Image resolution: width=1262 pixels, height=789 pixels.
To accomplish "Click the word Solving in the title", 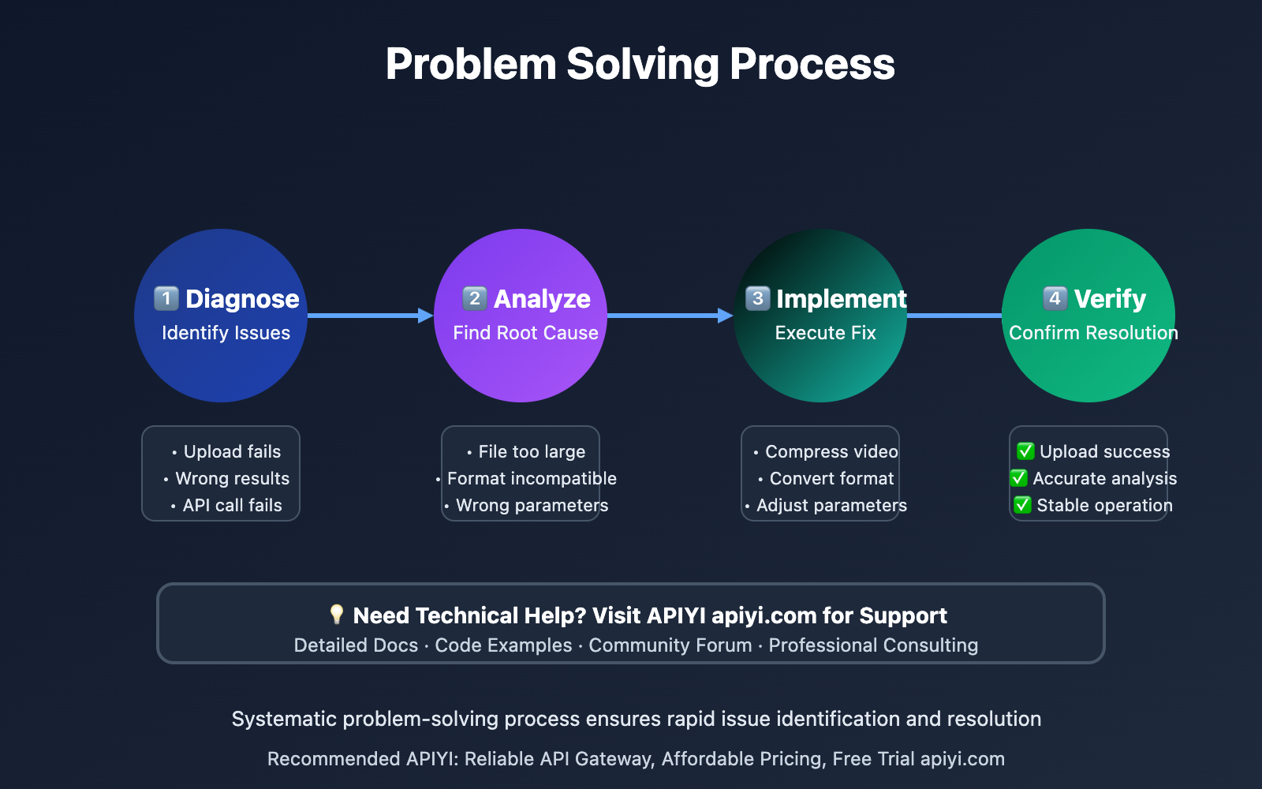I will coord(642,65).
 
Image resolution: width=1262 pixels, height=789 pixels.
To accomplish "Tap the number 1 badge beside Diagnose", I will coord(166,298).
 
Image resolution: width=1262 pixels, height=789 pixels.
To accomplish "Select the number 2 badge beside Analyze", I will coord(475,298).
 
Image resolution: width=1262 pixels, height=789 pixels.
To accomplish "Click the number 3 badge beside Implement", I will coord(758,298).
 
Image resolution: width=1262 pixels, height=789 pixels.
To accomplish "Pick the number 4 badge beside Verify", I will coord(1055,298).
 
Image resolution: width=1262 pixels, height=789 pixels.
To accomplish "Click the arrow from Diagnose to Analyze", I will coord(370,316).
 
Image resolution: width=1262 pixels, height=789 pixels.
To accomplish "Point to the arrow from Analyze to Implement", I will coord(670,316).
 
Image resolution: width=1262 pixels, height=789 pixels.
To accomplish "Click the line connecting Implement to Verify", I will coord(954,316).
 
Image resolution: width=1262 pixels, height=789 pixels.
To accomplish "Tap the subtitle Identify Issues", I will coord(226,333).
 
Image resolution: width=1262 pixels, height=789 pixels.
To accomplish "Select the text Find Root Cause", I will coord(525,333).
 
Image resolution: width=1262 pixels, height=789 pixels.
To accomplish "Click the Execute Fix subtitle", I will coord(825,333).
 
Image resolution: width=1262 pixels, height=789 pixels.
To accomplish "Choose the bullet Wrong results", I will coord(232,479).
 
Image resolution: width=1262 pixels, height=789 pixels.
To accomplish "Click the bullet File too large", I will coord(532,452).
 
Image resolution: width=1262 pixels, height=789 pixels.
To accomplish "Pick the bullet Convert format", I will coord(831,479).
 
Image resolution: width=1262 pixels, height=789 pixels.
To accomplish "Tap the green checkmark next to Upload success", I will coord(1025,451).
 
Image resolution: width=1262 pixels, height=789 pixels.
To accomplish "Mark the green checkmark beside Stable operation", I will coord(1022,505).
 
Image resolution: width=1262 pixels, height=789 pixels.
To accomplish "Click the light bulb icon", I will coord(337,615).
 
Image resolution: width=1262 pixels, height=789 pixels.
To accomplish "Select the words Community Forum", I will coord(670,645).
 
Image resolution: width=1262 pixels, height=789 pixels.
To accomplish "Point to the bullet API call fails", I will coord(232,506).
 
